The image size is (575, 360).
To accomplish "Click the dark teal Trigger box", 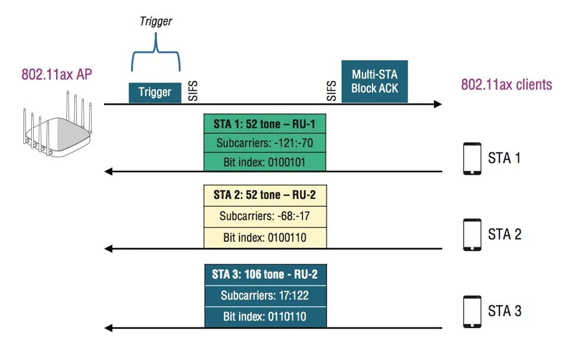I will (x=155, y=92).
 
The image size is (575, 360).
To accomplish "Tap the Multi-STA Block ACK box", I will (x=375, y=81).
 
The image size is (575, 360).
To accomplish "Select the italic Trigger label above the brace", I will (x=156, y=21).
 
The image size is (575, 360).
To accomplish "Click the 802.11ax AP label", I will (x=57, y=74).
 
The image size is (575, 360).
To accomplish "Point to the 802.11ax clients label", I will (x=507, y=84).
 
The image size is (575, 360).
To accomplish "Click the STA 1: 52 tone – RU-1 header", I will (x=264, y=124).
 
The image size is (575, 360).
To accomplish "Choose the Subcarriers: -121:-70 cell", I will (x=264, y=143).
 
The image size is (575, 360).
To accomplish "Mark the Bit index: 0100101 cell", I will (x=264, y=162).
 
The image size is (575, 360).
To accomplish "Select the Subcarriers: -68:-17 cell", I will (x=264, y=216).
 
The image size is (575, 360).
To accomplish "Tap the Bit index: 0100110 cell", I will (x=264, y=237).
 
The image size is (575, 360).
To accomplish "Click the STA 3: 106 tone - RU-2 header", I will (x=265, y=274).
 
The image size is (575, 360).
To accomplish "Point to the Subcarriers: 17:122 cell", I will (x=265, y=296).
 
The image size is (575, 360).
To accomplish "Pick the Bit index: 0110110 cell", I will (x=265, y=317).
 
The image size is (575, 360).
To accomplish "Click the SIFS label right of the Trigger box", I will (x=193, y=90).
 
